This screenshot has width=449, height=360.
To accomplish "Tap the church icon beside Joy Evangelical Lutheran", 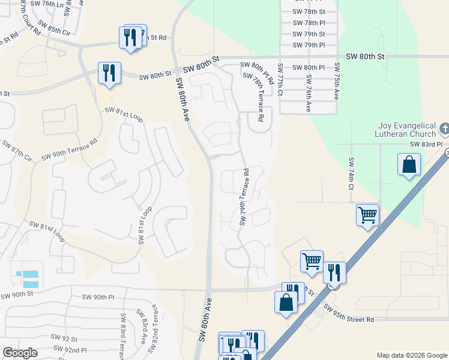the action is click(444, 128).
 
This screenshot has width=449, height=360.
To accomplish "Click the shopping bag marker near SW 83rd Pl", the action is click(408, 164).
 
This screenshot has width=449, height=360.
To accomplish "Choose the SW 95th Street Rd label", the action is click(348, 314).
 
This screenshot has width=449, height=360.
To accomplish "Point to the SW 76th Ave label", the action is click(309, 93).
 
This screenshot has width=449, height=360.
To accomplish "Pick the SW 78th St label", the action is click(309, 11).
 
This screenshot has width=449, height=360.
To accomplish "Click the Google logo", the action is click(20, 353).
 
